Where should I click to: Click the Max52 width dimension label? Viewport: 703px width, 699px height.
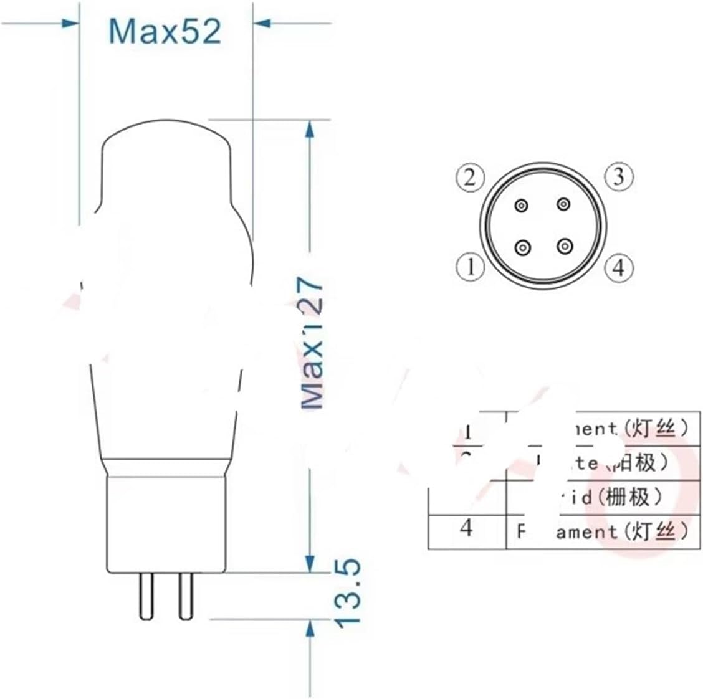coord(165,31)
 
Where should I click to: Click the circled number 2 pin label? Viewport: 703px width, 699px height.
coord(469,178)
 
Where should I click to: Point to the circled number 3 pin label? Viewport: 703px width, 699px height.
coord(618,177)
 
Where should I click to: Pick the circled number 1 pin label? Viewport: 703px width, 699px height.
coord(469,268)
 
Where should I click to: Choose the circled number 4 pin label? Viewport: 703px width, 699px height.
coord(618,268)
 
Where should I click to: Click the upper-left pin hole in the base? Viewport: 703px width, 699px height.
coord(522,205)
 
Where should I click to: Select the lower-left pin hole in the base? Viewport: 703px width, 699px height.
coord(522,248)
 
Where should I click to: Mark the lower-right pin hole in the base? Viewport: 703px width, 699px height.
coord(564,247)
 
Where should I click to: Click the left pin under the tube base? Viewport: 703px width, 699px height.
coord(146,596)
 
